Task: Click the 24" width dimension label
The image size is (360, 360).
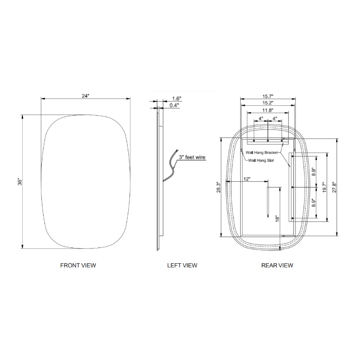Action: click(85, 96)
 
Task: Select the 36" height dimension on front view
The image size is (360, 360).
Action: click(20, 182)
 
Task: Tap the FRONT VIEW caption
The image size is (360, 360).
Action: click(78, 265)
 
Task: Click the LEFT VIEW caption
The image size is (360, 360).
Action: click(182, 265)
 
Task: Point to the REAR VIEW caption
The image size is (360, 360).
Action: click(277, 265)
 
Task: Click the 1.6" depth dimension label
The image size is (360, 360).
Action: click(177, 99)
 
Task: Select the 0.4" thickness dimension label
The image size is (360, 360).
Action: click(174, 105)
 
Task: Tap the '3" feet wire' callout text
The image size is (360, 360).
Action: click(192, 157)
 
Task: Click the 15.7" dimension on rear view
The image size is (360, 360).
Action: click(268, 96)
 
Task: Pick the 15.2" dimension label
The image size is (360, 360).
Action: click(268, 103)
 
